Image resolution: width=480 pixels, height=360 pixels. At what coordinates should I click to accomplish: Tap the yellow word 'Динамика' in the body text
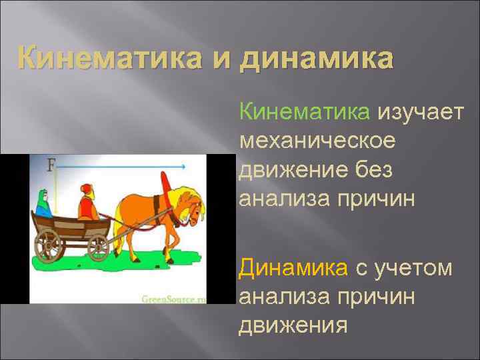[x=293, y=268]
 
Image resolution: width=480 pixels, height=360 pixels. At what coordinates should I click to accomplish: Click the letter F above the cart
[x=51, y=163]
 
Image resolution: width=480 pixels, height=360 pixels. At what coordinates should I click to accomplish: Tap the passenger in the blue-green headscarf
[x=43, y=203]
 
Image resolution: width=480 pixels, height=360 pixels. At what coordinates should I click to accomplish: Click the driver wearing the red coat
[x=87, y=202]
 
